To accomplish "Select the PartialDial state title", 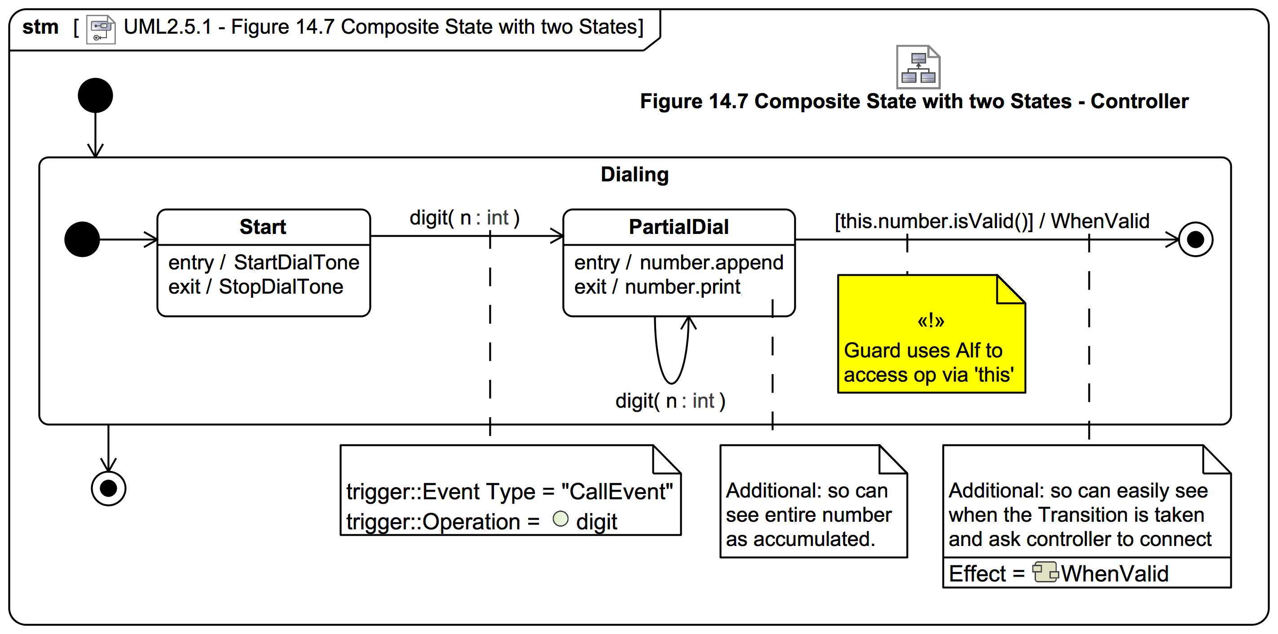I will click(678, 227).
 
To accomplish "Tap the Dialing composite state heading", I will click(634, 175).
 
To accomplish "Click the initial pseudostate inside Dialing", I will click(82, 239).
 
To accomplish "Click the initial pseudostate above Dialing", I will click(95, 95).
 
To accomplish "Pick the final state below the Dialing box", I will click(108, 489).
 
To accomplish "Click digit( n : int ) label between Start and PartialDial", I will click(464, 218).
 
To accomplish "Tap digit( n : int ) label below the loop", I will click(670, 401).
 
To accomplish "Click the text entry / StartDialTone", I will click(264, 262).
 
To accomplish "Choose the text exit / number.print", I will click(657, 287).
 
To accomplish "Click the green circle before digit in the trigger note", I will click(560, 519).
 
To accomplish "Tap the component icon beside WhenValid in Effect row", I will click(1045, 572).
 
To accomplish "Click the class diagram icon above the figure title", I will click(918, 67).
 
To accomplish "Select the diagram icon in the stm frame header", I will click(101, 29).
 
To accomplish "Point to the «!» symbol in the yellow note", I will click(930, 321).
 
